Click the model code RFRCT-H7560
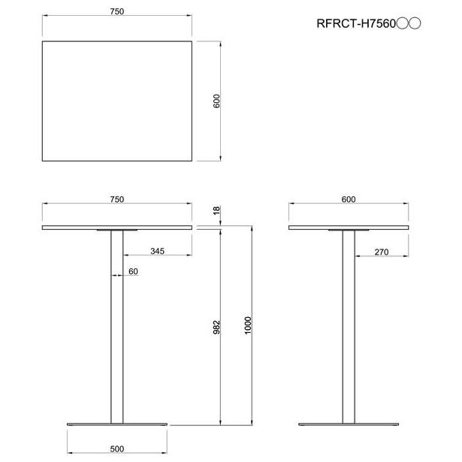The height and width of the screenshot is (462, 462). pos(356,23)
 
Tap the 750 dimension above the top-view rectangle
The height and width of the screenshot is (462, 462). pos(117,11)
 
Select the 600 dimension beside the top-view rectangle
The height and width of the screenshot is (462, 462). pos(216,101)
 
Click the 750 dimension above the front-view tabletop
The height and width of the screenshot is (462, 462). pos(117,200)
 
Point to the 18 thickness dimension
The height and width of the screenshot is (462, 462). pos(216,210)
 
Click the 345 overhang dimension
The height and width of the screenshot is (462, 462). pos(157,251)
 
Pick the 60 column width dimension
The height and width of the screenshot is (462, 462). pos(133,271)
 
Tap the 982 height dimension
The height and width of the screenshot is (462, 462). pos(216,327)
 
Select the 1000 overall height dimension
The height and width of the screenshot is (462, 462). pos(248,325)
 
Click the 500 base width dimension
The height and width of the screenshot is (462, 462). pos(117,449)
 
